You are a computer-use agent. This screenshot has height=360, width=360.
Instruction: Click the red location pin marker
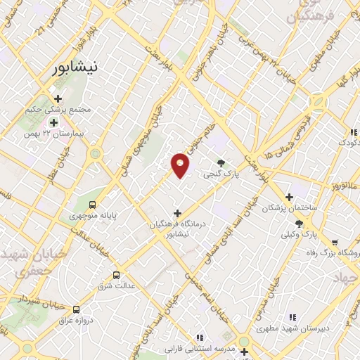coord(181,165)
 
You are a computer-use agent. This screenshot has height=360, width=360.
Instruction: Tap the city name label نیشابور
coord(77,68)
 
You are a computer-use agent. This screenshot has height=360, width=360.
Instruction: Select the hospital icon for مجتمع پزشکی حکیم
coord(58,98)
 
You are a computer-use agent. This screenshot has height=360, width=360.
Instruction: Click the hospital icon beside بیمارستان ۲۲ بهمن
coord(53,122)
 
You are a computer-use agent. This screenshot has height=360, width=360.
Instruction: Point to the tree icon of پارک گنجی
coord(223,162)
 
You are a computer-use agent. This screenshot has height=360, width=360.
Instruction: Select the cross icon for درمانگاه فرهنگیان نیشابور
coord(177,213)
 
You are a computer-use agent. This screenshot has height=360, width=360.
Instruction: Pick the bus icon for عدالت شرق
coord(117,275)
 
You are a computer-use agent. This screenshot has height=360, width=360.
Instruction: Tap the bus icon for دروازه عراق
coord(76,309)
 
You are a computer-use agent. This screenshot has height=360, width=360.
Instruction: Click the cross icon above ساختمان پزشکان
coord(289,198)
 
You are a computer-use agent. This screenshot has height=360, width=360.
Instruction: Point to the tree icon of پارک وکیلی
coord(300,223)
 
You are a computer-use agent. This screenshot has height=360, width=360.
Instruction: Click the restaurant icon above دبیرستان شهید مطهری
coord(292,317)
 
